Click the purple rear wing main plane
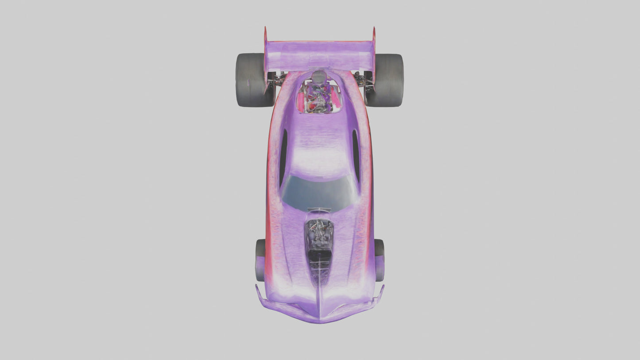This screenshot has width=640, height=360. point(319,55)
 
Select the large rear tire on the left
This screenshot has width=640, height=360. point(250,80)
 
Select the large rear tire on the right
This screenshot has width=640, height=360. point(389,80)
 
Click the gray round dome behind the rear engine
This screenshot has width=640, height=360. point(319,77)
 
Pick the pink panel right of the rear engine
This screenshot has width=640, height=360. point(336,100)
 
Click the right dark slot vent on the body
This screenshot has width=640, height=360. point(356,155)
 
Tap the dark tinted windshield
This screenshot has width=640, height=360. point(319,193)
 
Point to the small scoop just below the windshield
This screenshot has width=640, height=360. point(319,210)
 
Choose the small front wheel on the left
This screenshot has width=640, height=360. point(260,260)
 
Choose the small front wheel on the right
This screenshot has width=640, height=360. point(379,260)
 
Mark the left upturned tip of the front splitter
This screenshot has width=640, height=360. point(257,290)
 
